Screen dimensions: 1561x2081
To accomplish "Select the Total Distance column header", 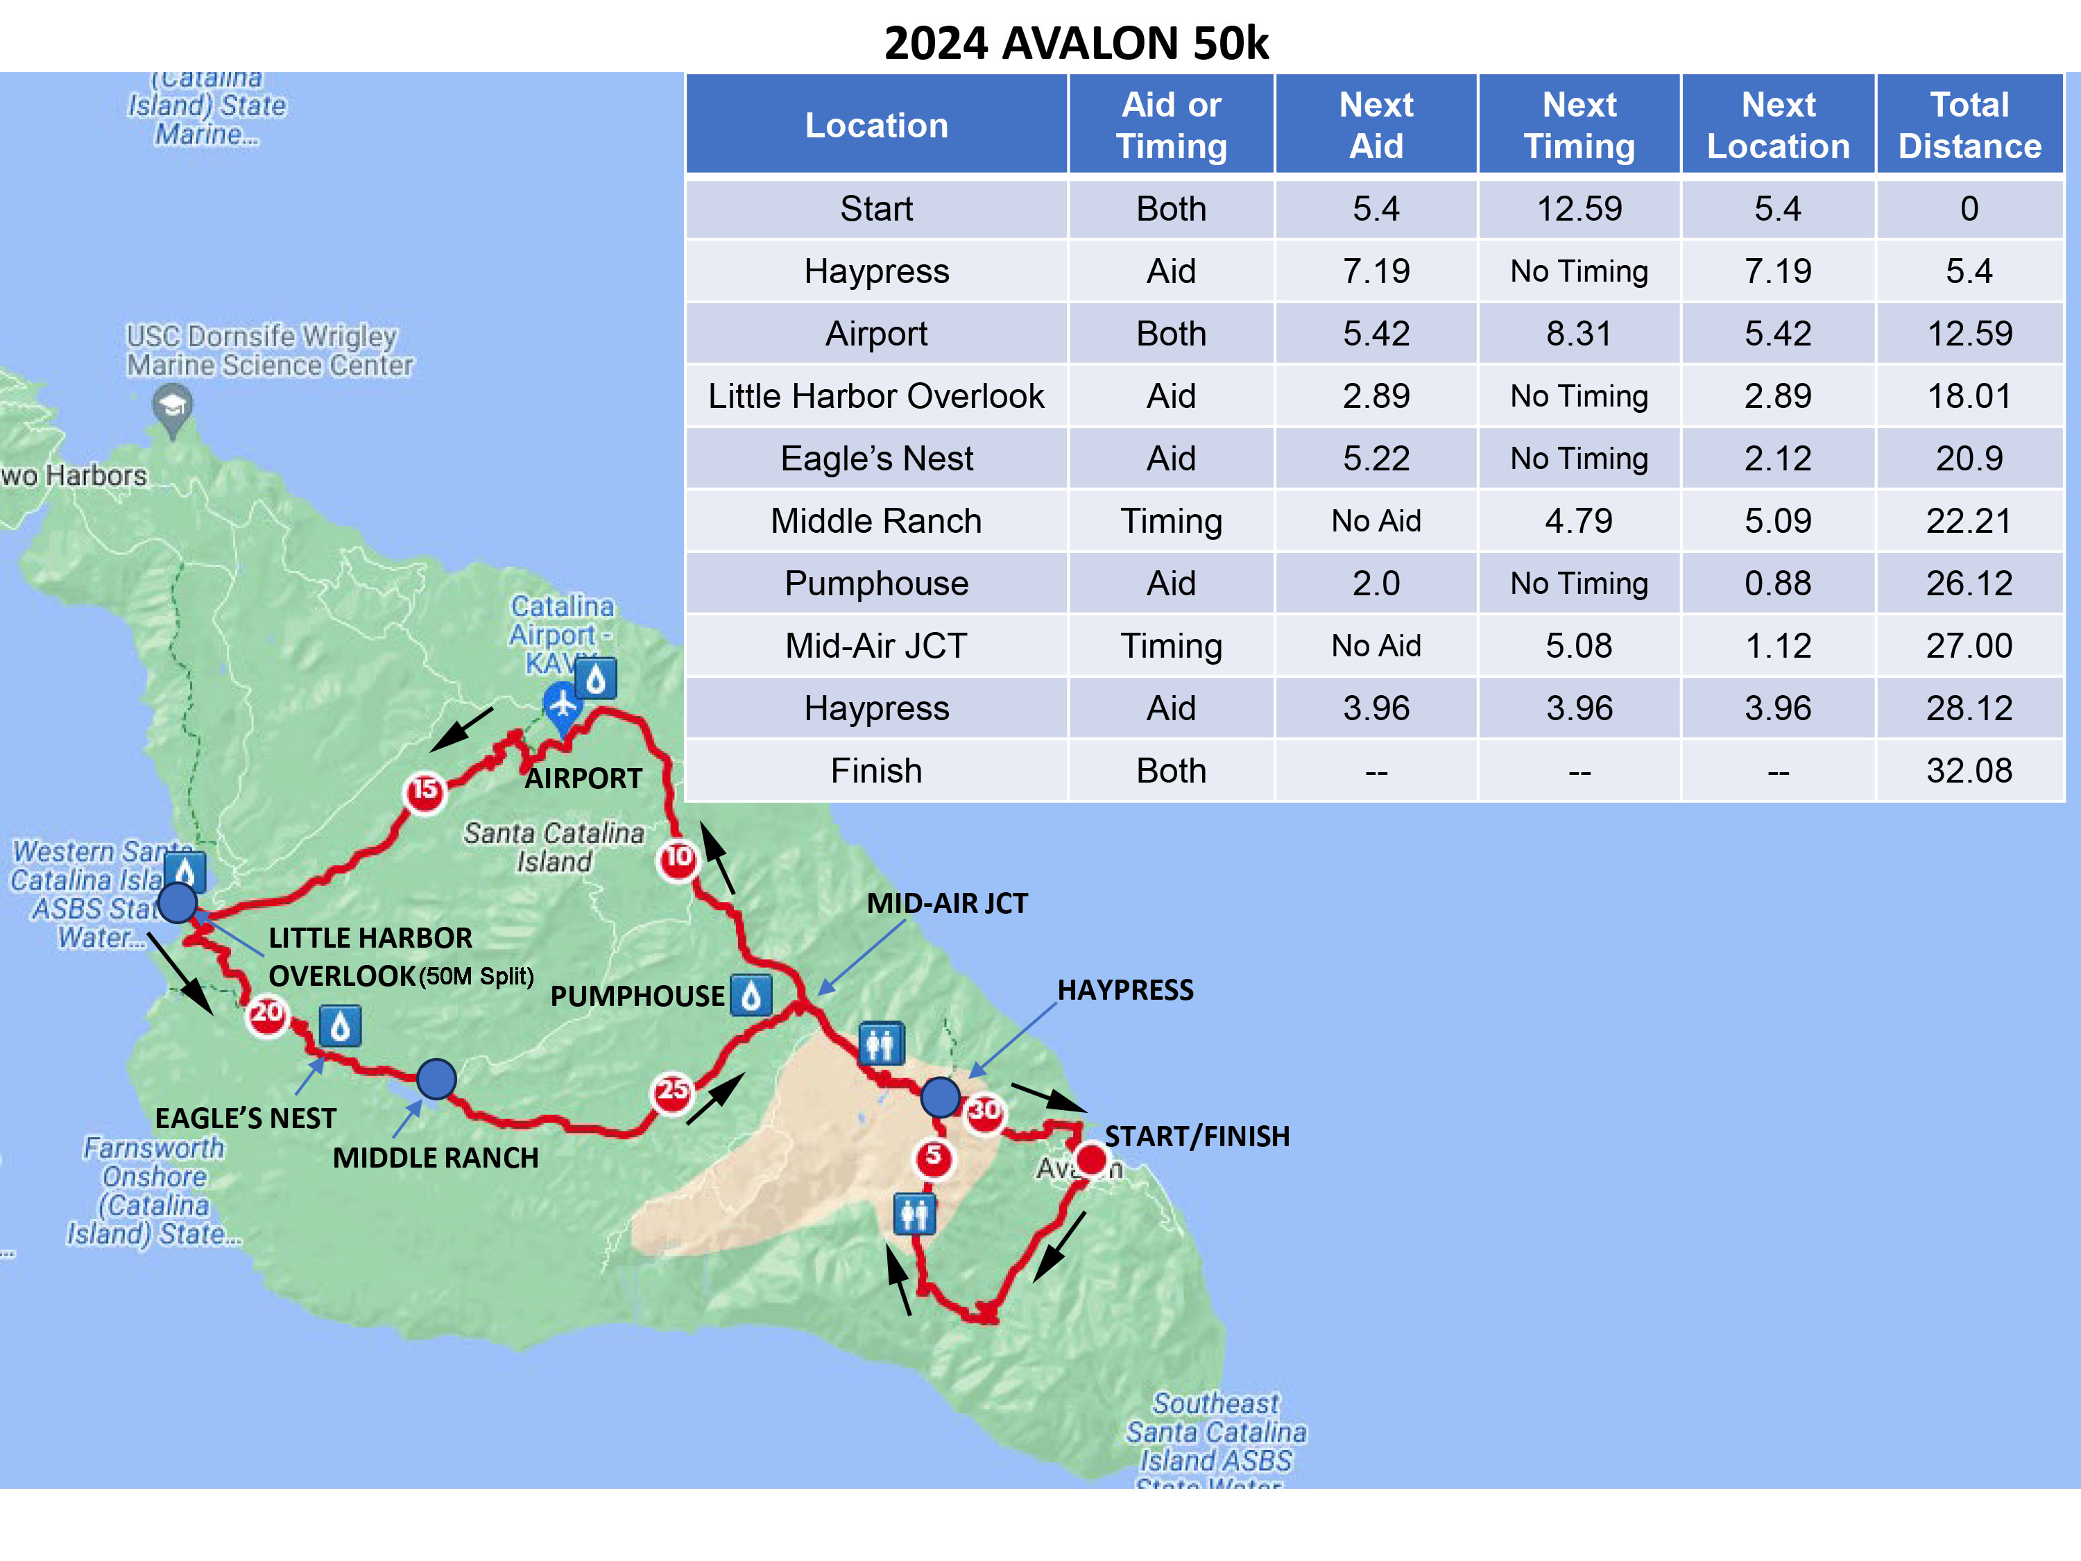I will [1969, 125].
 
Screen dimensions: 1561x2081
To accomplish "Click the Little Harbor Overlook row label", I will [876, 396].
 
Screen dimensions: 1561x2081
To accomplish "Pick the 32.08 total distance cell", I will [1969, 771].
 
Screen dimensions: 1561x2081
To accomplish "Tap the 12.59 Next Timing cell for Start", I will [1579, 209].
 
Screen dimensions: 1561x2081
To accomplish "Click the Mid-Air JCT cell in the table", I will [876, 645].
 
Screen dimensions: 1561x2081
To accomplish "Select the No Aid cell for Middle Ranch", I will [1376, 521].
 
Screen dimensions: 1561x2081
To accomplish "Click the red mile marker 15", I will [425, 790].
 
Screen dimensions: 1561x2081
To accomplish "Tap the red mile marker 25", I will [671, 1091].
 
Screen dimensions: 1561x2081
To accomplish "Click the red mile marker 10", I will [677, 858].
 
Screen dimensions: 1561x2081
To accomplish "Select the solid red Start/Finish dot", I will [1091, 1159].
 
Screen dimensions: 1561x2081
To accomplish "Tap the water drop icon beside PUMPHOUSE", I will [751, 996].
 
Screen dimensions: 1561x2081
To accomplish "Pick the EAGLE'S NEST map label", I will [246, 1118].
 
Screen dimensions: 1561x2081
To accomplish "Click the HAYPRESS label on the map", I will [1125, 990].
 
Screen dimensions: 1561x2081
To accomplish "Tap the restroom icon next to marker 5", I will [914, 1214].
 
